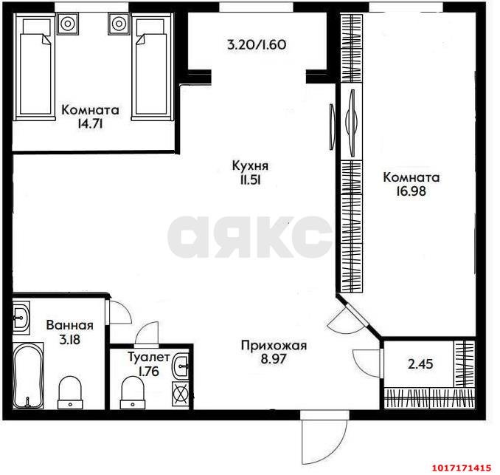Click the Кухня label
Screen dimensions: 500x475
[x=250, y=166]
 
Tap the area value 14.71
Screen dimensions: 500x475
[x=90, y=124]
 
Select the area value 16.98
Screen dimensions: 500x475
[x=411, y=191]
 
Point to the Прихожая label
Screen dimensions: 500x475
[x=274, y=346]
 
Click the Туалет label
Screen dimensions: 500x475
[x=149, y=357]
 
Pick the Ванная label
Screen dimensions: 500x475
[x=70, y=325]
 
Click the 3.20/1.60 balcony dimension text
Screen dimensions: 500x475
[x=257, y=45]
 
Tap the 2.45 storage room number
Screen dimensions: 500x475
[x=420, y=364]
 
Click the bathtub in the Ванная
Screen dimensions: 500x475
[x=28, y=375]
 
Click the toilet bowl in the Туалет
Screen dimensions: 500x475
[x=132, y=392]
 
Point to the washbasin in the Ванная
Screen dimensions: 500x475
[x=21, y=318]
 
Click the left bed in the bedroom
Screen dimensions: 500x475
[x=33, y=66]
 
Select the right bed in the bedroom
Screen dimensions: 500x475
[x=153, y=66]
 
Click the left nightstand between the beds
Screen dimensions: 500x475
[x=68, y=24]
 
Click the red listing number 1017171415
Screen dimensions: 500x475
[x=461, y=468]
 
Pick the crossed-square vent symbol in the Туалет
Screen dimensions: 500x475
[x=181, y=394]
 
